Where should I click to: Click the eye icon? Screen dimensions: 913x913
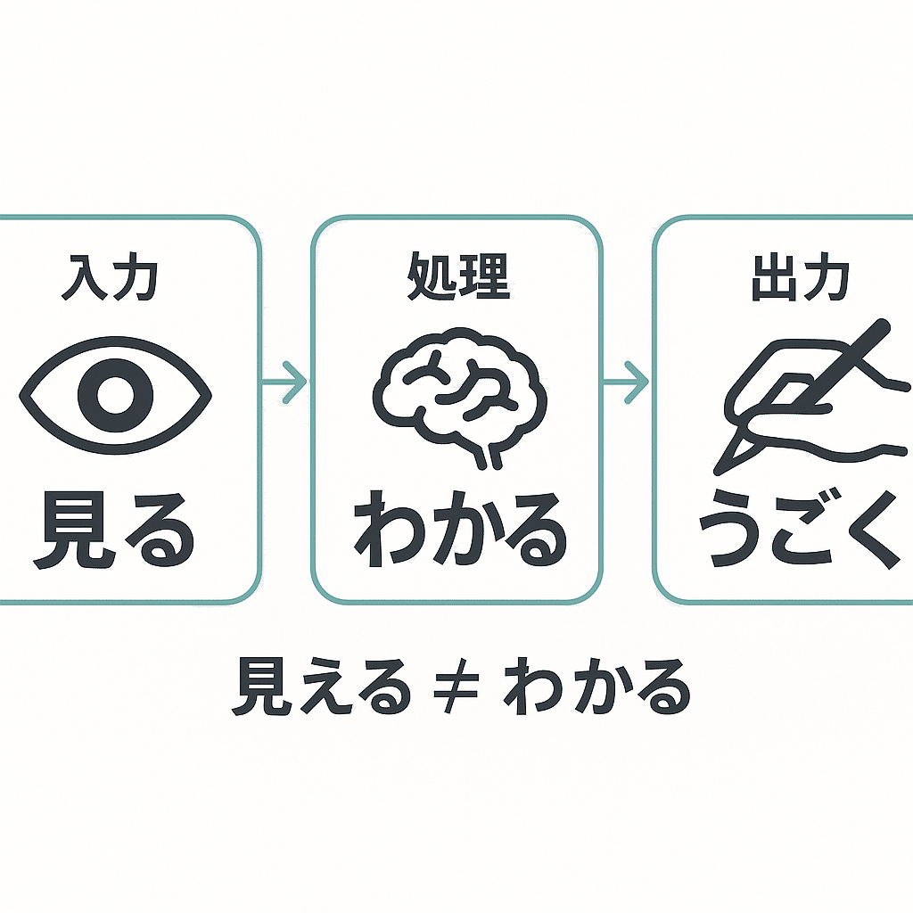pyautogui.click(x=115, y=392)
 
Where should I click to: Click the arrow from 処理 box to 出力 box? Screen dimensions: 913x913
pyautogui.click(x=627, y=382)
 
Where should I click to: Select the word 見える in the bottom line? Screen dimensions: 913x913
pyautogui.click(x=321, y=687)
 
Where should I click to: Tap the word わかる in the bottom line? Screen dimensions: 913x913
pyautogui.click(x=598, y=687)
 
